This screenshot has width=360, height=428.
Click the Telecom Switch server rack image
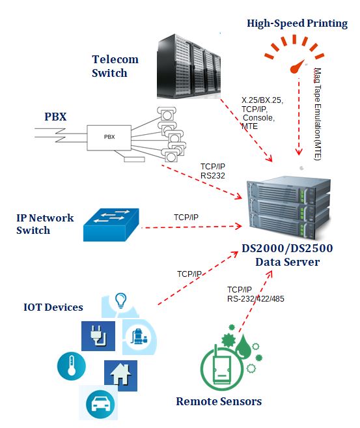click(x=189, y=66)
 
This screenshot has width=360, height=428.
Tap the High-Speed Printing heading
click(x=298, y=23)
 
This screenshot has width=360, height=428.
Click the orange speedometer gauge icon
click(x=294, y=54)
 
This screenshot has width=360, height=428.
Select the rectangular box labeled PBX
click(x=109, y=137)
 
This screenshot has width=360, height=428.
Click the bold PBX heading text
click(x=55, y=117)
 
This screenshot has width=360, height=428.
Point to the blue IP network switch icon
click(x=111, y=225)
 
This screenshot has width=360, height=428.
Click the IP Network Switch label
click(x=45, y=224)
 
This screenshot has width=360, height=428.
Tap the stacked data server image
click(x=290, y=208)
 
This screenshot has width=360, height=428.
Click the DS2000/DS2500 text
click(x=287, y=248)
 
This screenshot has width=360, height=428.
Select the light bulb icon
click(x=121, y=300)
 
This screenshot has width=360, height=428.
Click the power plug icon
click(x=98, y=336)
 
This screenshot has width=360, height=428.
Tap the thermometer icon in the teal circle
click(x=71, y=366)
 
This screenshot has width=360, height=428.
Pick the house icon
click(x=120, y=375)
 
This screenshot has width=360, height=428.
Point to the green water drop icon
click(x=243, y=346)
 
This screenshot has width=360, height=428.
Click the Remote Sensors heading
click(x=219, y=401)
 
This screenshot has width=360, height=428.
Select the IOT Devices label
click(x=53, y=307)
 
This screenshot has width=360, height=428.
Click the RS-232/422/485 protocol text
click(x=256, y=299)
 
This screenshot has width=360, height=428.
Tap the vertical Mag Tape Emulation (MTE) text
click(x=318, y=114)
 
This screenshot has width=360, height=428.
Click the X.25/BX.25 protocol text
click(x=262, y=100)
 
